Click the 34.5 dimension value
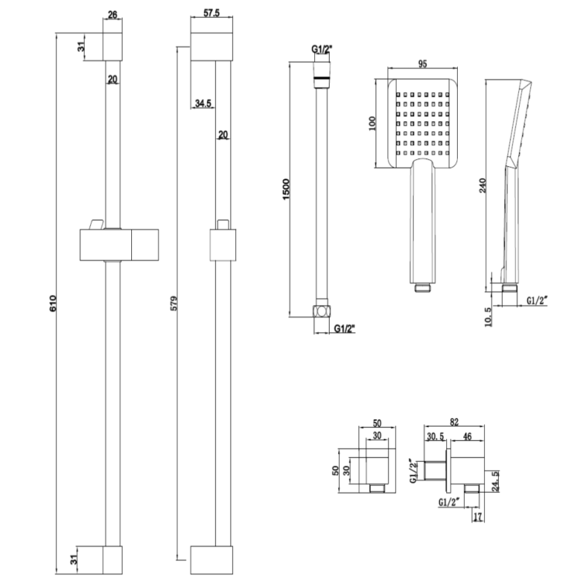(x=204, y=103)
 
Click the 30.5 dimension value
(x=435, y=437)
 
